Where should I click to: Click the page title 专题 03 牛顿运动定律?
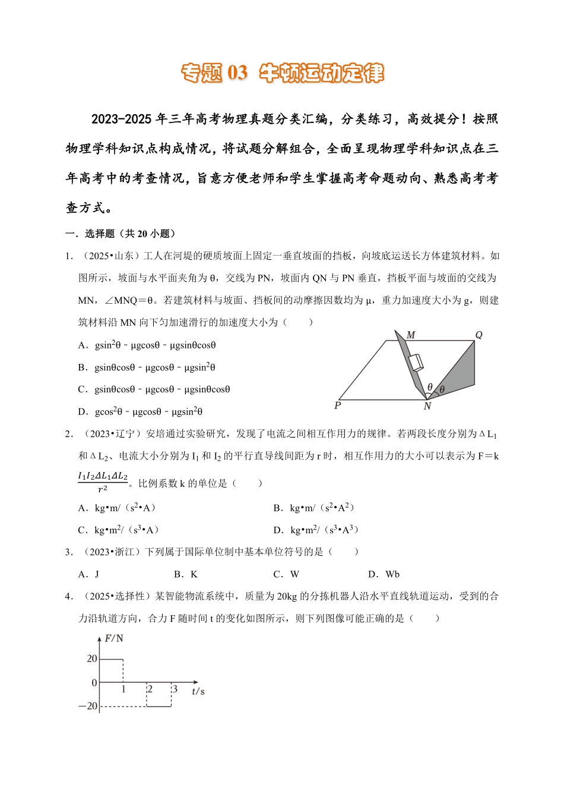point(282,73)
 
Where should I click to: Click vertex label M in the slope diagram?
point(411,335)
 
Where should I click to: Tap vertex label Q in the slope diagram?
point(479,335)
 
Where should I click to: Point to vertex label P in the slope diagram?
point(337,405)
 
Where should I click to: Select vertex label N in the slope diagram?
point(427,407)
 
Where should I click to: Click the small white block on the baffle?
point(416,362)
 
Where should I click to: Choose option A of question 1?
point(147,345)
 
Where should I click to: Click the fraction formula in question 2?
point(103,482)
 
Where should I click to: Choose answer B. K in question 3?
point(185,574)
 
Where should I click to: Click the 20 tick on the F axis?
point(92,659)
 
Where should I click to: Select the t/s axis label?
point(198,691)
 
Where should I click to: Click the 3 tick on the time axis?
point(175,690)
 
